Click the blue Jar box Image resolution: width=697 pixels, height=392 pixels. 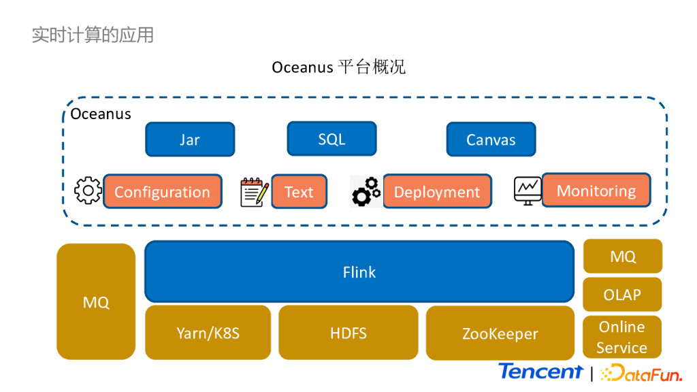[x=190, y=140]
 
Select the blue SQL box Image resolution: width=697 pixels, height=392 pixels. [x=331, y=139]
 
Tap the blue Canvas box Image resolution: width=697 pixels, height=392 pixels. [x=491, y=140]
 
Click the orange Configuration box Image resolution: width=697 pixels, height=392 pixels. [x=162, y=192]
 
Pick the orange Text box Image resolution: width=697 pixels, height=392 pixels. [x=299, y=192]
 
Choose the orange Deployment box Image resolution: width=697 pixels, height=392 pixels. [x=437, y=192]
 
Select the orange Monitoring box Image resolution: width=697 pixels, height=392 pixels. [x=596, y=191]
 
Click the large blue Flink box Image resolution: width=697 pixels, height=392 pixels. [x=359, y=272]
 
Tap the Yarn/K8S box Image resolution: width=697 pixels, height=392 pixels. [x=208, y=333]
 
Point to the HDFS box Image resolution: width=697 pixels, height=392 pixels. [x=348, y=333]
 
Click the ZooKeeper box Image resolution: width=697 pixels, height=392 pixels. [x=500, y=333]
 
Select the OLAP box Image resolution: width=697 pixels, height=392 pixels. [x=622, y=295]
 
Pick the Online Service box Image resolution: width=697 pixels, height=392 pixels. [x=622, y=337]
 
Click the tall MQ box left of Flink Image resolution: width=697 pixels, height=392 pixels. [x=96, y=301]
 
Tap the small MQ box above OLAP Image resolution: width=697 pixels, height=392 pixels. [x=623, y=256]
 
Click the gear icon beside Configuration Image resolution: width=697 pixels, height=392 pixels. [x=88, y=191]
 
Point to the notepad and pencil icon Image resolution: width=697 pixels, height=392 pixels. [x=255, y=192]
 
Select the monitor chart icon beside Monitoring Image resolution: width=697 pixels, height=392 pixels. [x=528, y=191]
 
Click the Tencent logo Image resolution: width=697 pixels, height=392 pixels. [x=540, y=372]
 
